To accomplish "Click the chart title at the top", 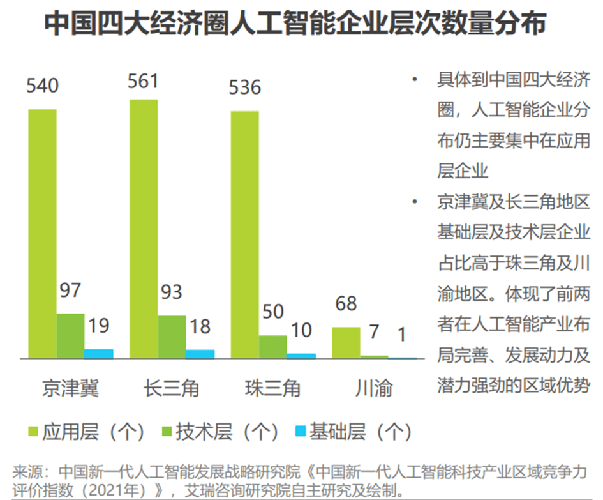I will coord(295,25).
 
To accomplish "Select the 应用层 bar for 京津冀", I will coord(42,234).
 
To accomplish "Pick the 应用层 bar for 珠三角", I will coord(244,234).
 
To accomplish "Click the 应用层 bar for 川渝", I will coord(346,343).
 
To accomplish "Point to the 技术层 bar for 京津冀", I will coord(70,336).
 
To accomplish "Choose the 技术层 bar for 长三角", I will coord(172,337).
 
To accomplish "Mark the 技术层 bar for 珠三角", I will coord(273,347).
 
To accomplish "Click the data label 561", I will coord(143,82).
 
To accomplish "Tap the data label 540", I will coord(42,85).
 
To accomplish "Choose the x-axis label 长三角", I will coord(172,388).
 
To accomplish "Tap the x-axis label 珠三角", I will coord(272,388).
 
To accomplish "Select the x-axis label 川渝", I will coord(374,388).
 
